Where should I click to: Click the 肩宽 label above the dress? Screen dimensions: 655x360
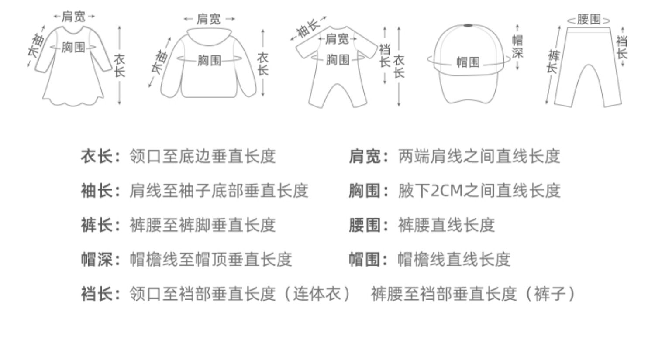click(74, 17)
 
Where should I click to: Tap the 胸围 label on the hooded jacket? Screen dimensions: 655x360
click(209, 60)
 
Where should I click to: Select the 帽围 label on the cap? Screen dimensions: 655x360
click(468, 62)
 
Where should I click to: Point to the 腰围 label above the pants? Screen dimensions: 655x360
click(589, 19)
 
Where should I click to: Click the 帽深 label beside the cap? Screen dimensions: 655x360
click(517, 47)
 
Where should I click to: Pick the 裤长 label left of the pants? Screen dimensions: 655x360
click(553, 62)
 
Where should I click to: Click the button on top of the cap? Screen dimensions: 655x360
click(469, 26)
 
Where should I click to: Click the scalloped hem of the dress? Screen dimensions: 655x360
click(73, 102)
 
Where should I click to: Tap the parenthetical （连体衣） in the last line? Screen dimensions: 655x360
click(317, 294)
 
